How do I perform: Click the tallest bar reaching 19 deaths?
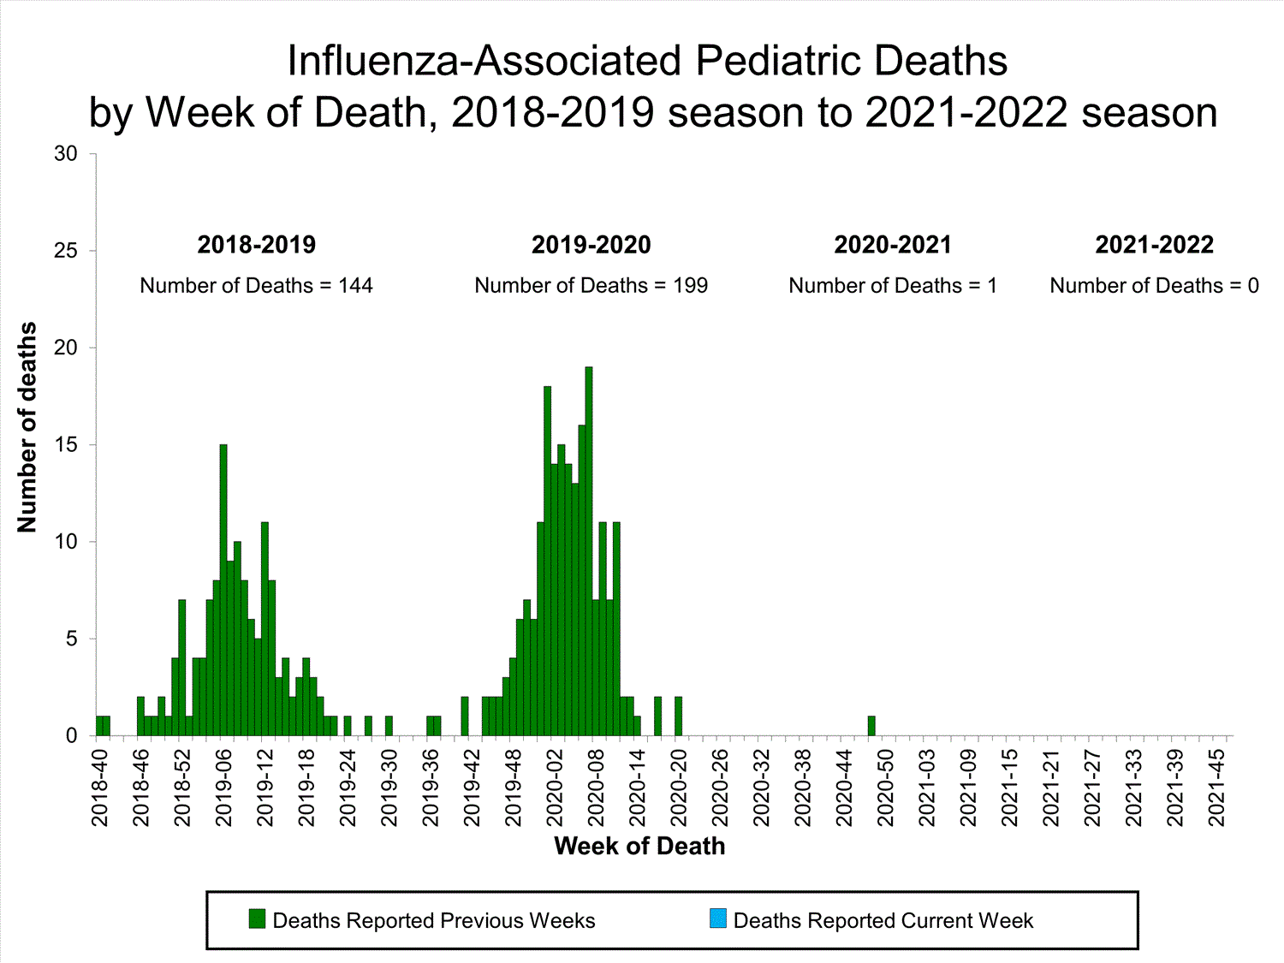[589, 551]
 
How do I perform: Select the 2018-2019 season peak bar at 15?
[223, 591]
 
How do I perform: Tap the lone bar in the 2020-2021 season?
[871, 726]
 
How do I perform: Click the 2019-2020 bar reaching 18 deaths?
[548, 561]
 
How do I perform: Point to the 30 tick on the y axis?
[66, 154]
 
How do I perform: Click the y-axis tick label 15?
[66, 445]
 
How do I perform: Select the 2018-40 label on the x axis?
[100, 788]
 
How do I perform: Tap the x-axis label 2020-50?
[886, 788]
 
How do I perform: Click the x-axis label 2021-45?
[1216, 788]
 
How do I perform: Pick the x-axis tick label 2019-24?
[348, 788]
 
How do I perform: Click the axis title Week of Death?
[639, 847]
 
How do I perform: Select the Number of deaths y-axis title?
[27, 427]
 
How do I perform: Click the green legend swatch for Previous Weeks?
[257, 919]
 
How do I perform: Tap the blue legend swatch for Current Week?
[718, 919]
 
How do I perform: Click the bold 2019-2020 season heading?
[591, 245]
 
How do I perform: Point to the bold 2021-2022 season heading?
[1154, 245]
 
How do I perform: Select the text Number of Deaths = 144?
[256, 286]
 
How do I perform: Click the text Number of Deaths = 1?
[893, 286]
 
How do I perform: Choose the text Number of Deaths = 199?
[591, 286]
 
